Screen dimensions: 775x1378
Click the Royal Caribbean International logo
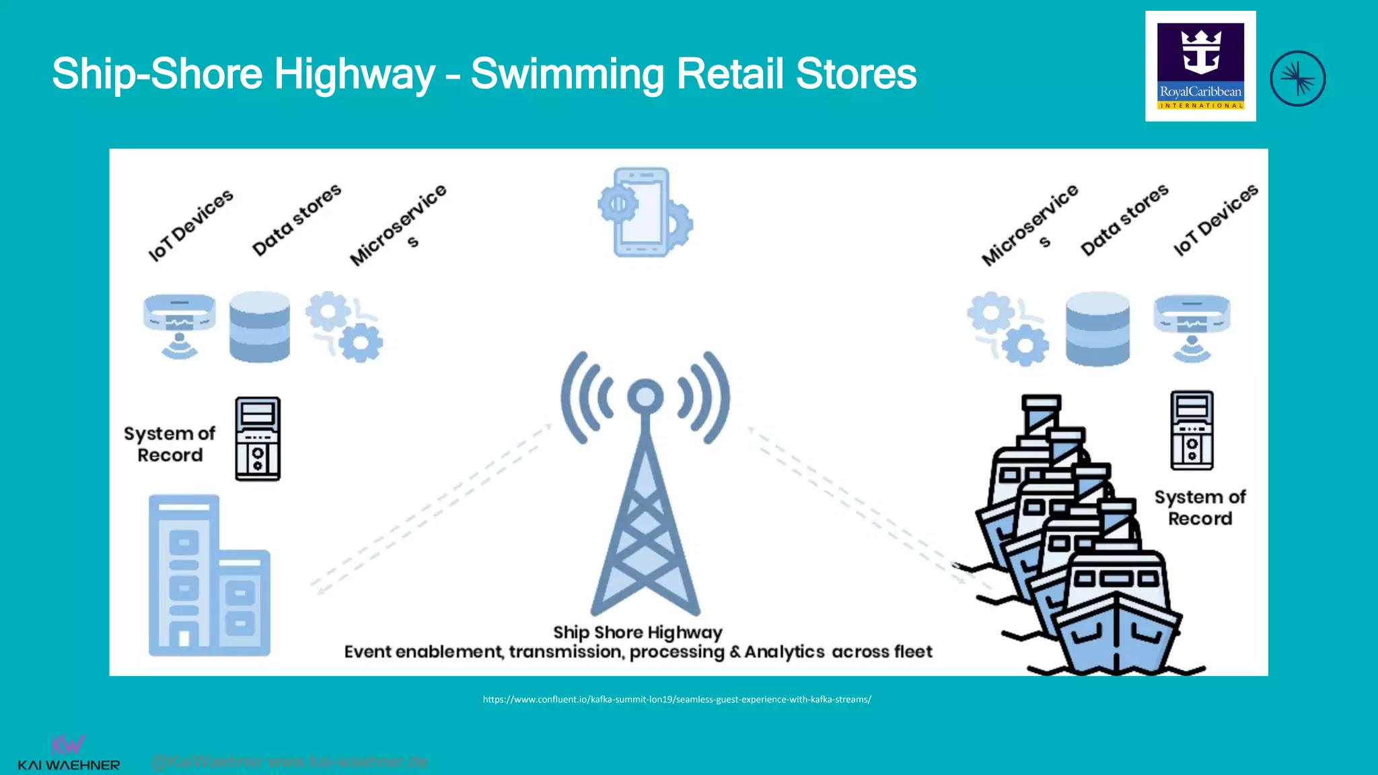click(x=1200, y=66)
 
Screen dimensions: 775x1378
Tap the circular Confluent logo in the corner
click(x=1297, y=79)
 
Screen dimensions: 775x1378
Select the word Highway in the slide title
click(x=355, y=73)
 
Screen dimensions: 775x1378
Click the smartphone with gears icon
click(x=645, y=212)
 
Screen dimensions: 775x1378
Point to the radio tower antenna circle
click(x=645, y=396)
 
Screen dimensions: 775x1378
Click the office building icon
click(x=209, y=575)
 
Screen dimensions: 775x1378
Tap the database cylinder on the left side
click(x=260, y=327)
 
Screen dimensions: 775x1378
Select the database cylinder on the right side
click(x=1097, y=328)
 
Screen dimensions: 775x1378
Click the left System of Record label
click(x=170, y=444)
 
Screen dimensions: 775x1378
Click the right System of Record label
click(x=1200, y=507)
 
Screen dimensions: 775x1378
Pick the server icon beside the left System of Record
click(x=258, y=439)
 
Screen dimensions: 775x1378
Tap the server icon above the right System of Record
click(x=1192, y=430)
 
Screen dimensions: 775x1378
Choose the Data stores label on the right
click(x=1124, y=219)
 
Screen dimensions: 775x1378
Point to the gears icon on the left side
click(x=344, y=327)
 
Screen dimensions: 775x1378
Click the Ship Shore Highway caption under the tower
click(x=637, y=632)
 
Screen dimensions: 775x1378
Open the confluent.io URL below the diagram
click(x=677, y=700)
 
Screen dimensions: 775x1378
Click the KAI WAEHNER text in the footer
click(x=69, y=765)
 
